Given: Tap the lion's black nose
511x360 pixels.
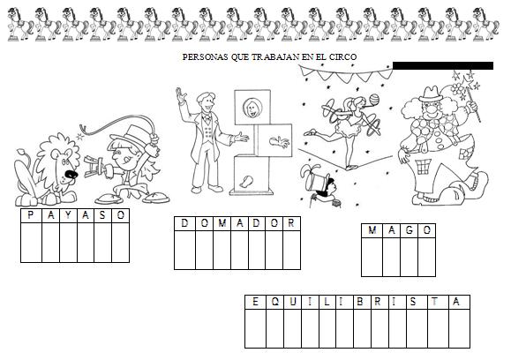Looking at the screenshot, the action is click(x=71, y=175).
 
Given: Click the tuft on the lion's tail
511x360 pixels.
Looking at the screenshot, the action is click(x=22, y=152).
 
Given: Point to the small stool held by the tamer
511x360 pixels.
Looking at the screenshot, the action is click(x=94, y=167).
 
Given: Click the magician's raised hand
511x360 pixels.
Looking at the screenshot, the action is click(x=180, y=95).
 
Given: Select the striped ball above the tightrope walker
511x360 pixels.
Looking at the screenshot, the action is click(x=374, y=99).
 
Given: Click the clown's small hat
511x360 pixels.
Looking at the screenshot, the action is click(x=430, y=94).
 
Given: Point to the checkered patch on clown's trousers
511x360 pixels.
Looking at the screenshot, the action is click(x=424, y=167).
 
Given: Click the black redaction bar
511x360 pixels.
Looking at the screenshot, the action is click(x=443, y=65).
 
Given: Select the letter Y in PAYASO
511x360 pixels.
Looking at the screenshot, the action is click(x=68, y=215).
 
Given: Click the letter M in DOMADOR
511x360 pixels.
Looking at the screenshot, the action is click(x=222, y=223).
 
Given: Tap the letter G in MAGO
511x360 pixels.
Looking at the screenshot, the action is click(x=410, y=230).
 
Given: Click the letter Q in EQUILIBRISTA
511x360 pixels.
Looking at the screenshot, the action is click(x=275, y=302).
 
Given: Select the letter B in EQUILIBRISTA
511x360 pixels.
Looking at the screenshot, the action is click(x=359, y=302).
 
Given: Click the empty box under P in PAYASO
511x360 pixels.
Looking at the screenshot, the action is click(x=31, y=243).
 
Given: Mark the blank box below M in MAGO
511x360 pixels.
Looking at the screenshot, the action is click(x=372, y=257).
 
